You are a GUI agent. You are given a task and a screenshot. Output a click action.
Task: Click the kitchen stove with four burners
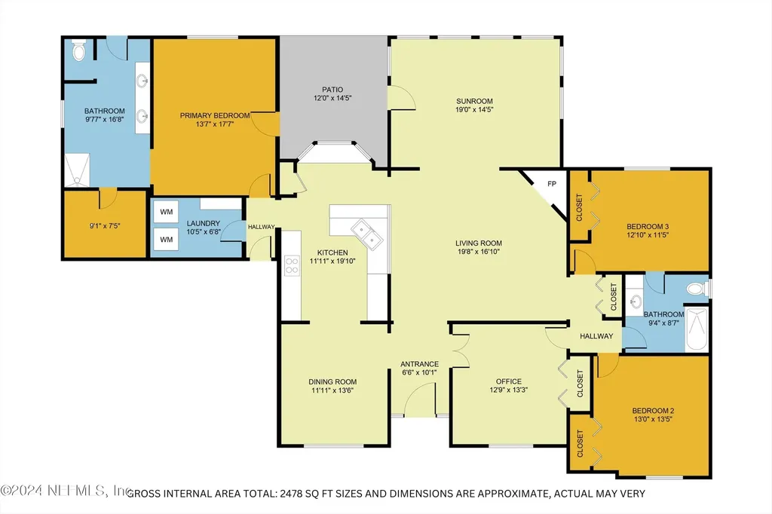291,266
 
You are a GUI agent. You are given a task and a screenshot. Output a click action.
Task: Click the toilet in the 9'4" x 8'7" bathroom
700,289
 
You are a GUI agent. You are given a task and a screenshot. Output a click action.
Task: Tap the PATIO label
332,89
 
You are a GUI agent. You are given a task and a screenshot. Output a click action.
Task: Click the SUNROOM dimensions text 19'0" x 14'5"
474,109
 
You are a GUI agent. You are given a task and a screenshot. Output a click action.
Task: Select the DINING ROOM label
332,381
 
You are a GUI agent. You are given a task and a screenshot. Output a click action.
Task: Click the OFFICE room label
509,381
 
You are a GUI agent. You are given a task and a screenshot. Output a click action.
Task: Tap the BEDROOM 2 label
653,411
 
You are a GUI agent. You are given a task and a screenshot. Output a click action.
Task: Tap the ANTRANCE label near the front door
419,364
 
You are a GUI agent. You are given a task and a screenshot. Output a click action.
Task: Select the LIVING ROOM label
479,243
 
